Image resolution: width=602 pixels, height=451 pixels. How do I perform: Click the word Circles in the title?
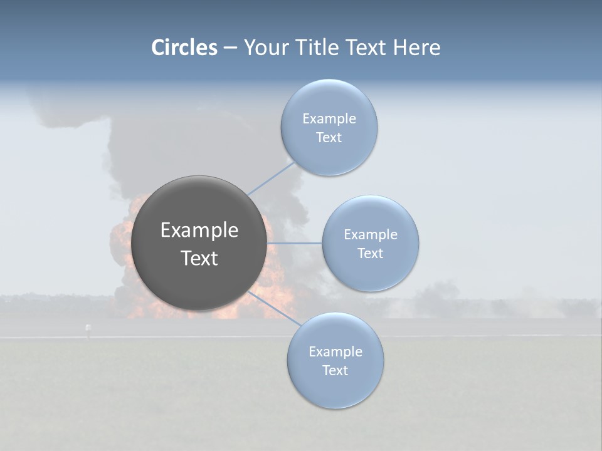point(184,48)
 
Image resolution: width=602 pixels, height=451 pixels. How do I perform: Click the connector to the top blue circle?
point(271,178)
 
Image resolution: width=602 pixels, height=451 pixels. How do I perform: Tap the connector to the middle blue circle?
point(295,243)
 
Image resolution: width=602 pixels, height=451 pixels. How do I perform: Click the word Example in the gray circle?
point(199,231)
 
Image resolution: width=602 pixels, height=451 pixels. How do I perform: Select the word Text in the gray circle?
point(199,258)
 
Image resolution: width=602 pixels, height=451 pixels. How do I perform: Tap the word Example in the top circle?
point(329,118)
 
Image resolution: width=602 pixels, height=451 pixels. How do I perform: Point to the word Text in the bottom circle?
point(335,370)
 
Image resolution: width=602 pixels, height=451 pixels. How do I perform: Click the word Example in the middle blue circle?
point(371,234)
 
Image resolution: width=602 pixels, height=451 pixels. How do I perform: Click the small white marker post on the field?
point(88,328)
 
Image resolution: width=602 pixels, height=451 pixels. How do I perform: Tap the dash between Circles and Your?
point(230,48)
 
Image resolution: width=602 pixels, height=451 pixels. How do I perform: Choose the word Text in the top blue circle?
point(329,137)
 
